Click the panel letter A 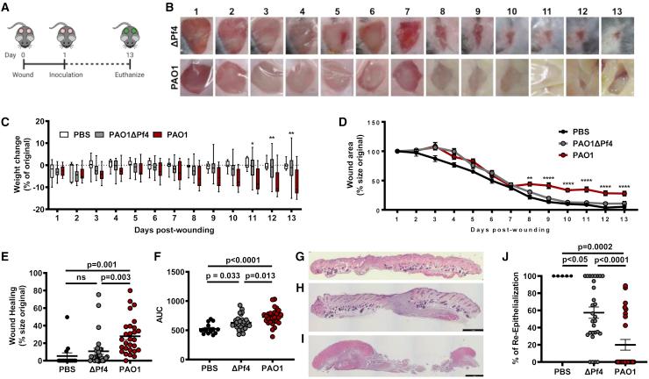coord(6,7)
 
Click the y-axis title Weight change coord(10,179)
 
